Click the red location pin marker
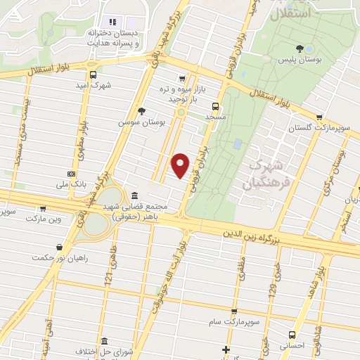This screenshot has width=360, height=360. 181,165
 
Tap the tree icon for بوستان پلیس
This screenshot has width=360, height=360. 300,48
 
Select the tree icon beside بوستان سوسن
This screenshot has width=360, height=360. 142,110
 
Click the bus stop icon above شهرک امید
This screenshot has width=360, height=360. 93,75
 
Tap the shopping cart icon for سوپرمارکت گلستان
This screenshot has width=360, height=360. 320,117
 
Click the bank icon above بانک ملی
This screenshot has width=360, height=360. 71,173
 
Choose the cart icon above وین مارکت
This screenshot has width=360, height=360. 43,208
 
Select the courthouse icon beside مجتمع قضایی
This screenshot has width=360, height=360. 134,196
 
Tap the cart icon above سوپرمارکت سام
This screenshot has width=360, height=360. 234,311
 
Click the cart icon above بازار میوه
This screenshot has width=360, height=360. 182,79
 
